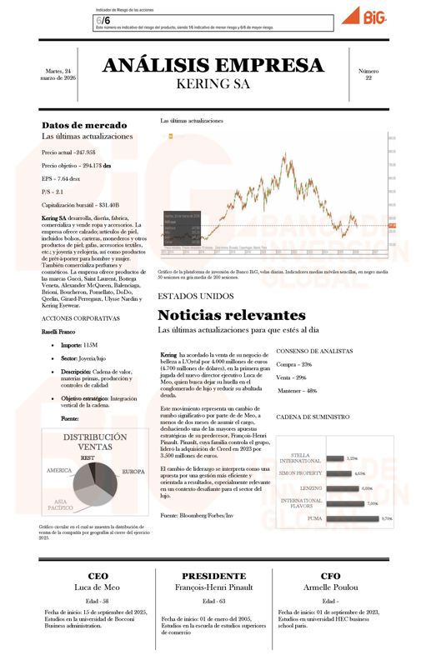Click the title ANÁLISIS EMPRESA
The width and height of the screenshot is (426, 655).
click(x=213, y=66)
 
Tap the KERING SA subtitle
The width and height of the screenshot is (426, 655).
click(x=213, y=84)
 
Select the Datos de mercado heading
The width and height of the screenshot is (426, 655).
click(x=84, y=125)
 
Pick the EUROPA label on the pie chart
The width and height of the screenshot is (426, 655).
click(x=133, y=472)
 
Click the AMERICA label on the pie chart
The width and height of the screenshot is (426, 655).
click(x=59, y=471)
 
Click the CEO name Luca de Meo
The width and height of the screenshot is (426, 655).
click(x=92, y=587)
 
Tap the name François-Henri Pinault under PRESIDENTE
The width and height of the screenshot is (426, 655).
click(x=213, y=587)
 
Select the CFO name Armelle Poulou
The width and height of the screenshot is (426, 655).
click(x=330, y=587)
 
